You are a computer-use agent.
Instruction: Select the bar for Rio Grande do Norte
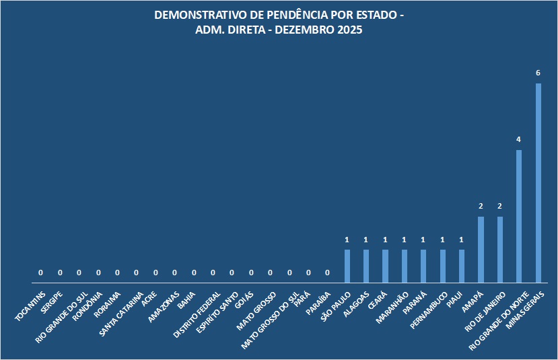pos(519,216)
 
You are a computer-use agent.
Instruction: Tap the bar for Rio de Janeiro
pos(500,249)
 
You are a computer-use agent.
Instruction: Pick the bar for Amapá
pos(481,249)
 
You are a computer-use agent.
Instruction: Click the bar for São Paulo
pos(347,266)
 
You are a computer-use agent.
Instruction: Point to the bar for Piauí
pos(462,266)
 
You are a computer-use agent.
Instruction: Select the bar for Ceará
pos(386,266)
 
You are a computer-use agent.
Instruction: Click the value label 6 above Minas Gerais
pos(538,73)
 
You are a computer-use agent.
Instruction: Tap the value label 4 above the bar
pos(519,139)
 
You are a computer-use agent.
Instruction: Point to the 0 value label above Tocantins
pos(41,273)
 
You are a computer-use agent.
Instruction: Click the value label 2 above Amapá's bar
pos(481,206)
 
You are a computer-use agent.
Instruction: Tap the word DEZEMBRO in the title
pos(300,31)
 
